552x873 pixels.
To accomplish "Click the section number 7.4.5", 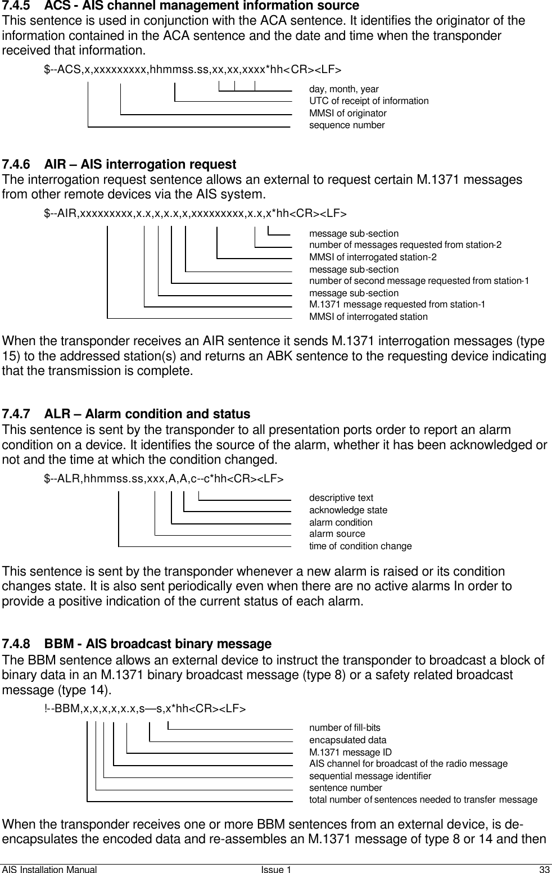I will [x=17, y=6].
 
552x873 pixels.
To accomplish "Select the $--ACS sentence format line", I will [x=192, y=70].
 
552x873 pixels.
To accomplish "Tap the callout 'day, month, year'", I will [x=343, y=89].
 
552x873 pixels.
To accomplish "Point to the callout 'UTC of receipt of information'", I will [x=369, y=101].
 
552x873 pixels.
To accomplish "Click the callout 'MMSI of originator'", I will [x=347, y=114].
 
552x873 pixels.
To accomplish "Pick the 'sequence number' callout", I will [x=347, y=125].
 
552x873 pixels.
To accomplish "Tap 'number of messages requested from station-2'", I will [x=405, y=245].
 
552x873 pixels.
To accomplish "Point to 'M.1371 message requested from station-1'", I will [x=397, y=305].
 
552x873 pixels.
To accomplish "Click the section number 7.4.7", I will [x=17, y=414].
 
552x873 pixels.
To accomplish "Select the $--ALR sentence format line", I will [x=164, y=479].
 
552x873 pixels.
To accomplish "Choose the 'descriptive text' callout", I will [x=341, y=498].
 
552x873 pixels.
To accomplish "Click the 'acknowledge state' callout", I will [x=348, y=510].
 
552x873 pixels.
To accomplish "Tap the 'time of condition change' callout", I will [x=360, y=546].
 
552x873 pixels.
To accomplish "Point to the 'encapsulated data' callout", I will [x=348, y=740].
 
